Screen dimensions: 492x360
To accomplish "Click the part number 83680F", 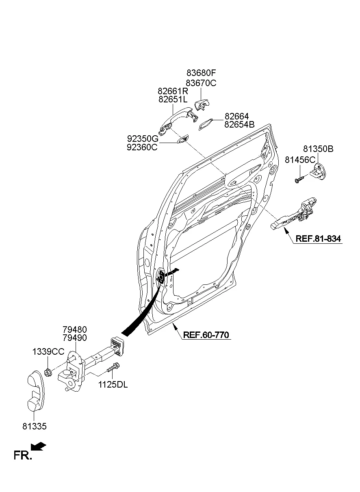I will (201, 73).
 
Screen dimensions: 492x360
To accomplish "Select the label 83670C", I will (201, 83).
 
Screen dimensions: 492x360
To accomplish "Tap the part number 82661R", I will (173, 91).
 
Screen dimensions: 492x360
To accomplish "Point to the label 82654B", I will (239, 125).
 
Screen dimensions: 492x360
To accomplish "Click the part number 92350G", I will (142, 139).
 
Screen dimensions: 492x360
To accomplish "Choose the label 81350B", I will (318, 149).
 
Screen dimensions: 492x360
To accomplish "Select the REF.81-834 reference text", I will (318, 239).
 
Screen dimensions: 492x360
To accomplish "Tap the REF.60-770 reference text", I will (206, 335).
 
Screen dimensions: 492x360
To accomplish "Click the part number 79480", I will (74, 329).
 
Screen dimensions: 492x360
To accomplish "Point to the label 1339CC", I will (48, 351).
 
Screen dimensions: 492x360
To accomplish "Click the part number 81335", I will (34, 426).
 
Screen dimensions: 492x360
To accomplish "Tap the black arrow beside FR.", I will (39, 447).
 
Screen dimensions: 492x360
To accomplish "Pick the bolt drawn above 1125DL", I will (112, 368).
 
